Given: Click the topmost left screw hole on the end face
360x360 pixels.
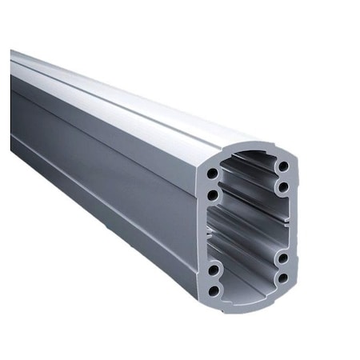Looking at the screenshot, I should point(211,173).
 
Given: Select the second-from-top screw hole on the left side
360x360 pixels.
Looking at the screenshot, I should point(213,194).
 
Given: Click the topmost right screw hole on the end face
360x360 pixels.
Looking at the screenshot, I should point(283,166).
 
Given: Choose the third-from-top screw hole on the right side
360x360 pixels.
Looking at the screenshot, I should point(284,258).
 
